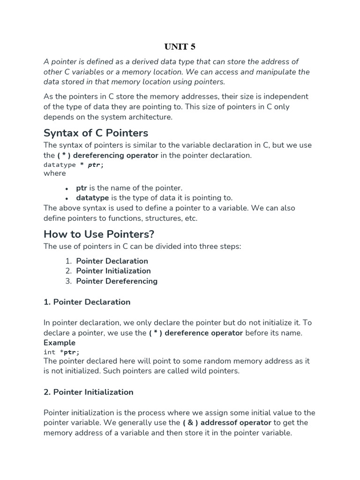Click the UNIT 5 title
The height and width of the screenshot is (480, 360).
pos(180,46)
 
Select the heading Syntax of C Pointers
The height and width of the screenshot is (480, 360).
pos(96,133)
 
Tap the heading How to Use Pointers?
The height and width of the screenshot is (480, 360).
pos(98,234)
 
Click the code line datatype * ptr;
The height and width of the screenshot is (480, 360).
pos(74,165)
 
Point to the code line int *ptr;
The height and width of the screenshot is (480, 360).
pos(61,352)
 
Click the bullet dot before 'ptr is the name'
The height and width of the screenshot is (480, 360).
pos(67,188)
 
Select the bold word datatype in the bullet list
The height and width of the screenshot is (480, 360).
pos(92,198)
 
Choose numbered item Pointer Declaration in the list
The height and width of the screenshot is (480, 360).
pos(112,261)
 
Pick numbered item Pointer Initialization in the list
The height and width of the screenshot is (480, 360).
pos(113,271)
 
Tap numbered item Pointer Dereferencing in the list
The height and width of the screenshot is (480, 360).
pos(117,281)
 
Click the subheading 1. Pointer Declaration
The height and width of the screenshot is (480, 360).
pos(87,302)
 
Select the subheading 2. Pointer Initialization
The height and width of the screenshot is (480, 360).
pos(88,392)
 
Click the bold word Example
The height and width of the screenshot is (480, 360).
pos(60,343)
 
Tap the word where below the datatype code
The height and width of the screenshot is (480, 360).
pos(55,173)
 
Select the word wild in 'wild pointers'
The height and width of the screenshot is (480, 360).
pos(196,371)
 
